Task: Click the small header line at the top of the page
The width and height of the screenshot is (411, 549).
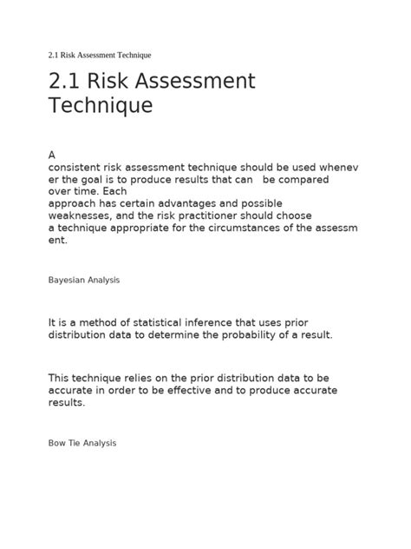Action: [100, 56]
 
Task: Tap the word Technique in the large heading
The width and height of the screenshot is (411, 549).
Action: [100, 107]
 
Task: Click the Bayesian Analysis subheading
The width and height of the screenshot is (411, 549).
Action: [83, 281]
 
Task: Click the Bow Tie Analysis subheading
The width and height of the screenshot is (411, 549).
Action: [82, 443]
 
